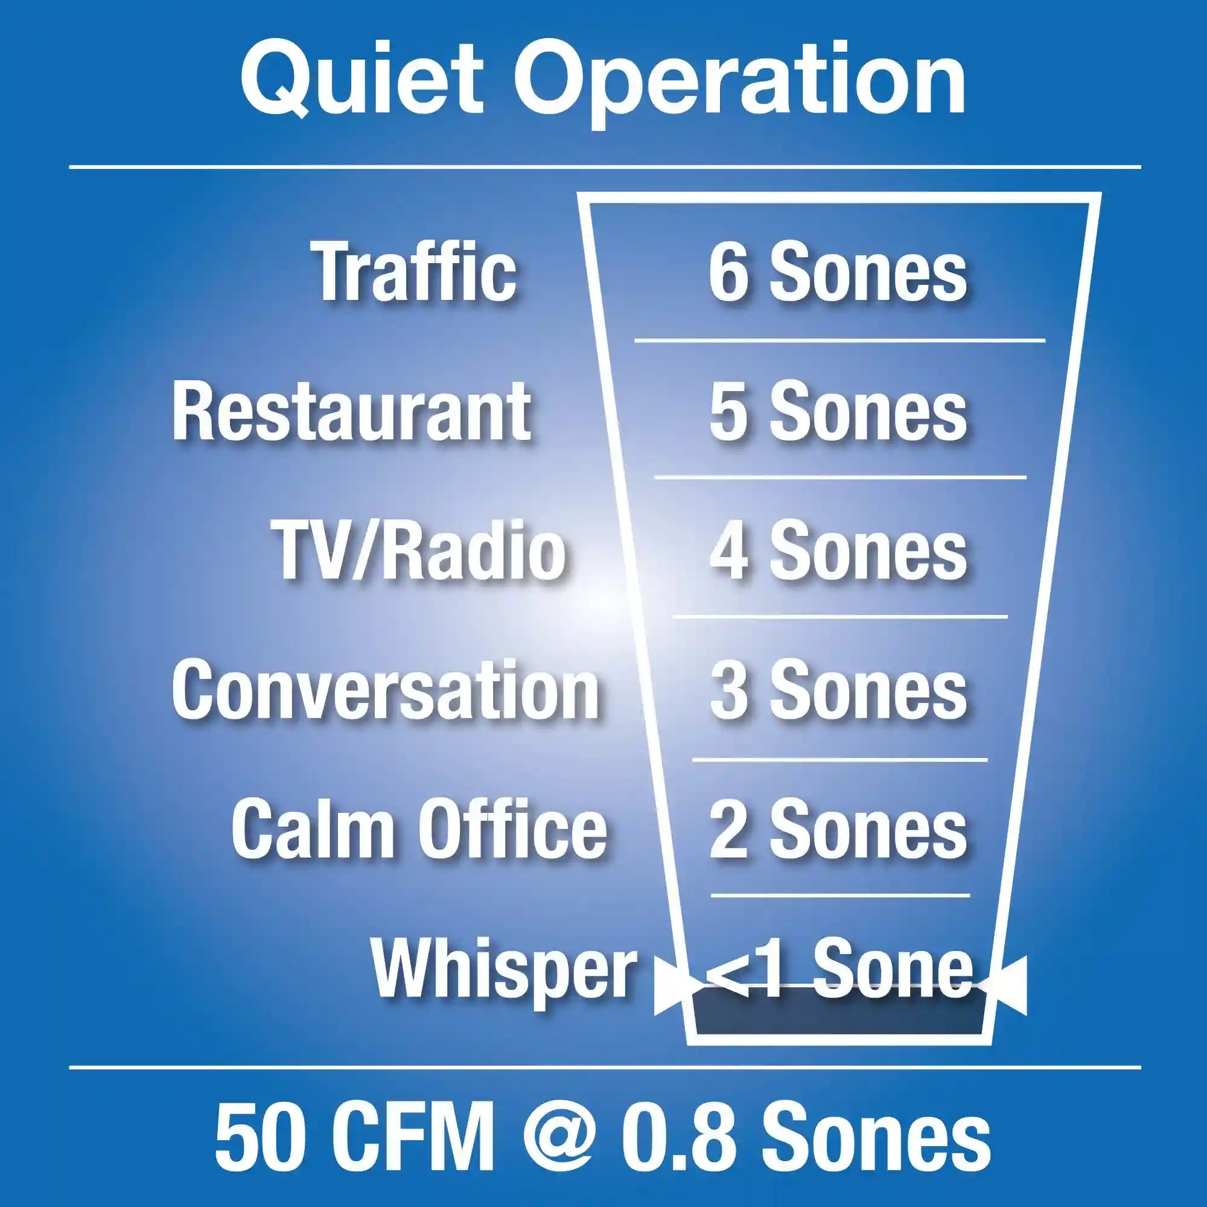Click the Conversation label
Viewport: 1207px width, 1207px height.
(386, 690)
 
